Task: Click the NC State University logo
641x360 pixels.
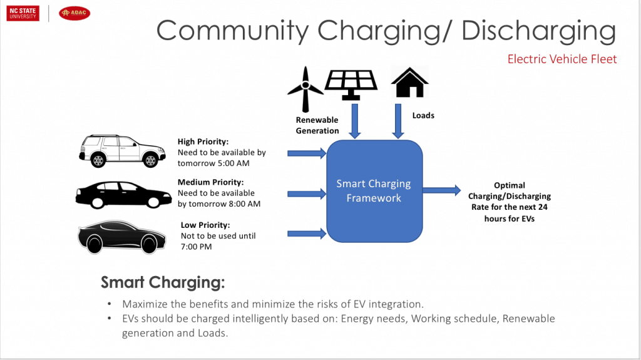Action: pyautogui.click(x=23, y=13)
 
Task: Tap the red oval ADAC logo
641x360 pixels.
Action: pyautogui.click(x=74, y=13)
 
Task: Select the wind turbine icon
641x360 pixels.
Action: pyautogui.click(x=305, y=89)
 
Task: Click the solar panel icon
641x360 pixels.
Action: pyautogui.click(x=351, y=85)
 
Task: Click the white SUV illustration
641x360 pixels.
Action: pyautogui.click(x=122, y=151)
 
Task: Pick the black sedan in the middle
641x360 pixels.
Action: pyautogui.click(x=123, y=195)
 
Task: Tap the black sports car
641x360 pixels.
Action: pyautogui.click(x=122, y=237)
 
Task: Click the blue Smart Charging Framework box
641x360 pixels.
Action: pyautogui.click(x=374, y=191)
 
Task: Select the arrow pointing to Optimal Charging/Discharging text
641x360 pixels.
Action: pyautogui.click(x=441, y=190)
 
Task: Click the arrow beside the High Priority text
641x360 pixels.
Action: pyautogui.click(x=307, y=153)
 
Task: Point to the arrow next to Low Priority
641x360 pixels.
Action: pyautogui.click(x=307, y=234)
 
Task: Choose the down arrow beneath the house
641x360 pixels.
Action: pyautogui.click(x=397, y=121)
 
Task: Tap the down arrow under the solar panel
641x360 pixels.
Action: pyautogui.click(x=355, y=121)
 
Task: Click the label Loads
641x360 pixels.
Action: pyautogui.click(x=423, y=115)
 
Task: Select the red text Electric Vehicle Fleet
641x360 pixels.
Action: pyautogui.click(x=562, y=59)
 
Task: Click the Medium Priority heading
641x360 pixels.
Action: pyautogui.click(x=210, y=182)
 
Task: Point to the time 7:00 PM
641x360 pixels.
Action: pyautogui.click(x=196, y=247)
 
